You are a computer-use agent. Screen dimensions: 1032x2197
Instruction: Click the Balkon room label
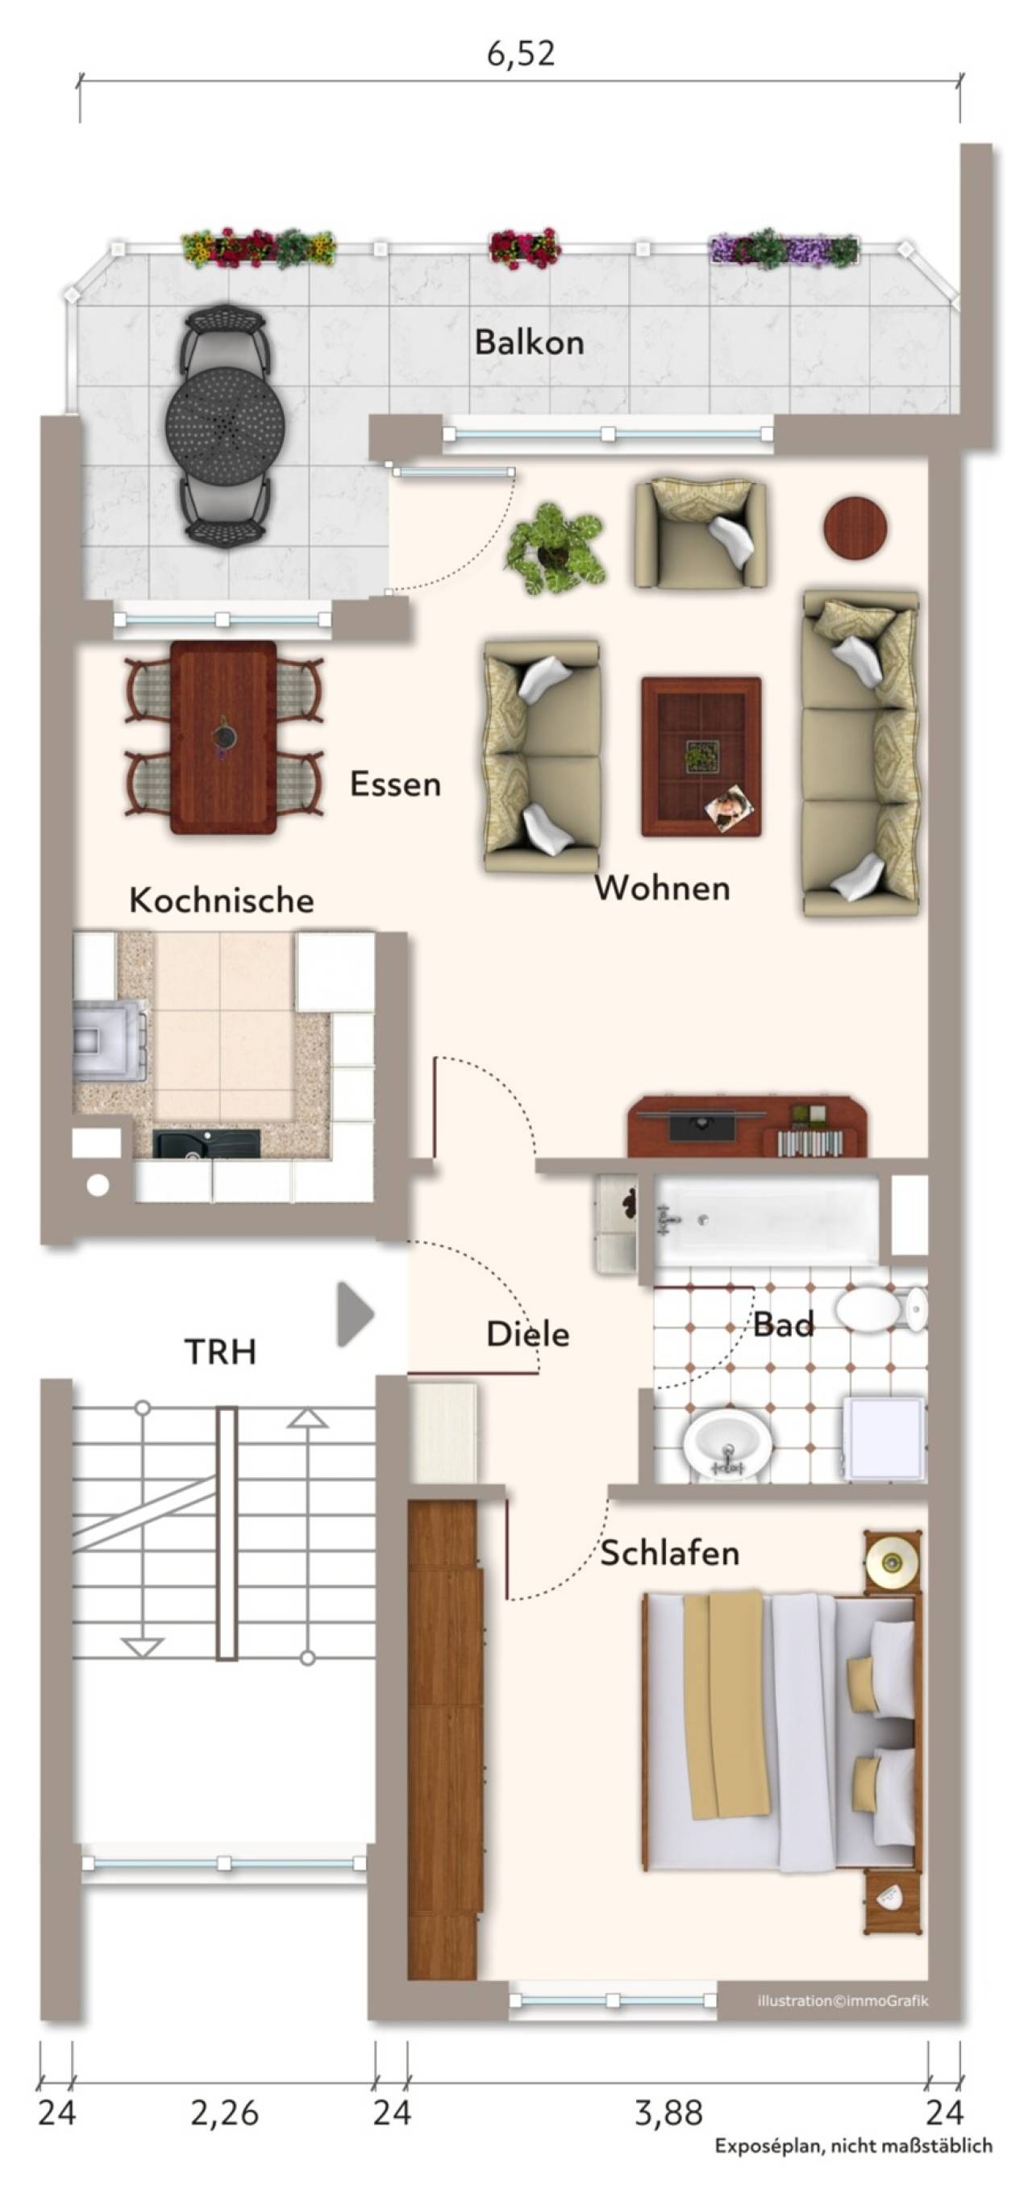[529, 342]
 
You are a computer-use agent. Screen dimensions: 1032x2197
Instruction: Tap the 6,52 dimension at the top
[520, 54]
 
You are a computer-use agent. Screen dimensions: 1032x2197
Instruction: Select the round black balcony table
[224, 425]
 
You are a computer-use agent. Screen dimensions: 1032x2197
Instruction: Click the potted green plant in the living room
[556, 548]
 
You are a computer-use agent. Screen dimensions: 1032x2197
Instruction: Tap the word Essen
[396, 784]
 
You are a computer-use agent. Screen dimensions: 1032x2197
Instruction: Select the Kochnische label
[222, 900]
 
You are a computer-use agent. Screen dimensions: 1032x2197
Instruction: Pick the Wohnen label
[663, 888]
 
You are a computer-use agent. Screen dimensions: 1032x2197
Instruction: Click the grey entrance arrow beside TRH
[355, 1314]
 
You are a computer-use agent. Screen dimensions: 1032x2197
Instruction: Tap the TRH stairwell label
[220, 1352]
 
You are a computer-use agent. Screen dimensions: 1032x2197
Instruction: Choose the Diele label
[528, 1334]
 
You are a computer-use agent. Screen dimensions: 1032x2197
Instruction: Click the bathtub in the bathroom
[766, 1221]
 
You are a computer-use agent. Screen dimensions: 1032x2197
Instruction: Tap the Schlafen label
[670, 1553]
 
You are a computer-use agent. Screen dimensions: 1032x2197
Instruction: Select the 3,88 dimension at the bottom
[668, 2112]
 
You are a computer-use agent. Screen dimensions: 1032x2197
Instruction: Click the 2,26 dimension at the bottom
[224, 2112]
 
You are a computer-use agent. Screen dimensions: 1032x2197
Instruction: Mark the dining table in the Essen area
[223, 738]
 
